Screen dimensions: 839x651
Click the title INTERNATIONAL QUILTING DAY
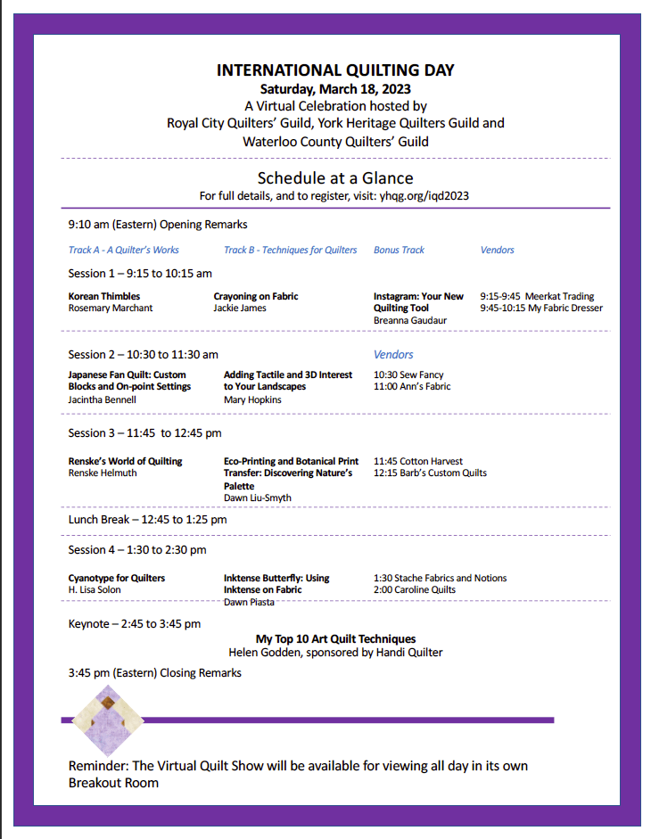click(335, 70)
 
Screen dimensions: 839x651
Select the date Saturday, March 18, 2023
click(335, 88)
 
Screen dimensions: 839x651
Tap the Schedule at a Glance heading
click(335, 177)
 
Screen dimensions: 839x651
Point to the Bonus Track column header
click(399, 250)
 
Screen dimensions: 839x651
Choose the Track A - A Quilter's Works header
click(124, 250)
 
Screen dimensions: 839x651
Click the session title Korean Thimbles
click(104, 296)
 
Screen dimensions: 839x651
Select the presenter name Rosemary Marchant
click(111, 308)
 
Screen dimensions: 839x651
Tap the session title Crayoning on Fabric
click(256, 296)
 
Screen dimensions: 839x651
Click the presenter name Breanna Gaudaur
click(410, 320)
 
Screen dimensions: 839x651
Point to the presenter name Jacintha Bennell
click(103, 399)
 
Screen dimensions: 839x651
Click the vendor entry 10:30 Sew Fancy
click(408, 374)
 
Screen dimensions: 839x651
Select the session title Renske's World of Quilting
click(125, 461)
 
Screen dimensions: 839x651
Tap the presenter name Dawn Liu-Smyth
click(258, 498)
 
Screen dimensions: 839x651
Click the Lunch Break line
click(148, 519)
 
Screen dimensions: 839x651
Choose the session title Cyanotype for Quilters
click(117, 578)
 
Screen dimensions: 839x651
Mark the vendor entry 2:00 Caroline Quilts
click(415, 589)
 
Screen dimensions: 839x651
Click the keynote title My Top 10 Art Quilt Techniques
click(335, 638)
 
